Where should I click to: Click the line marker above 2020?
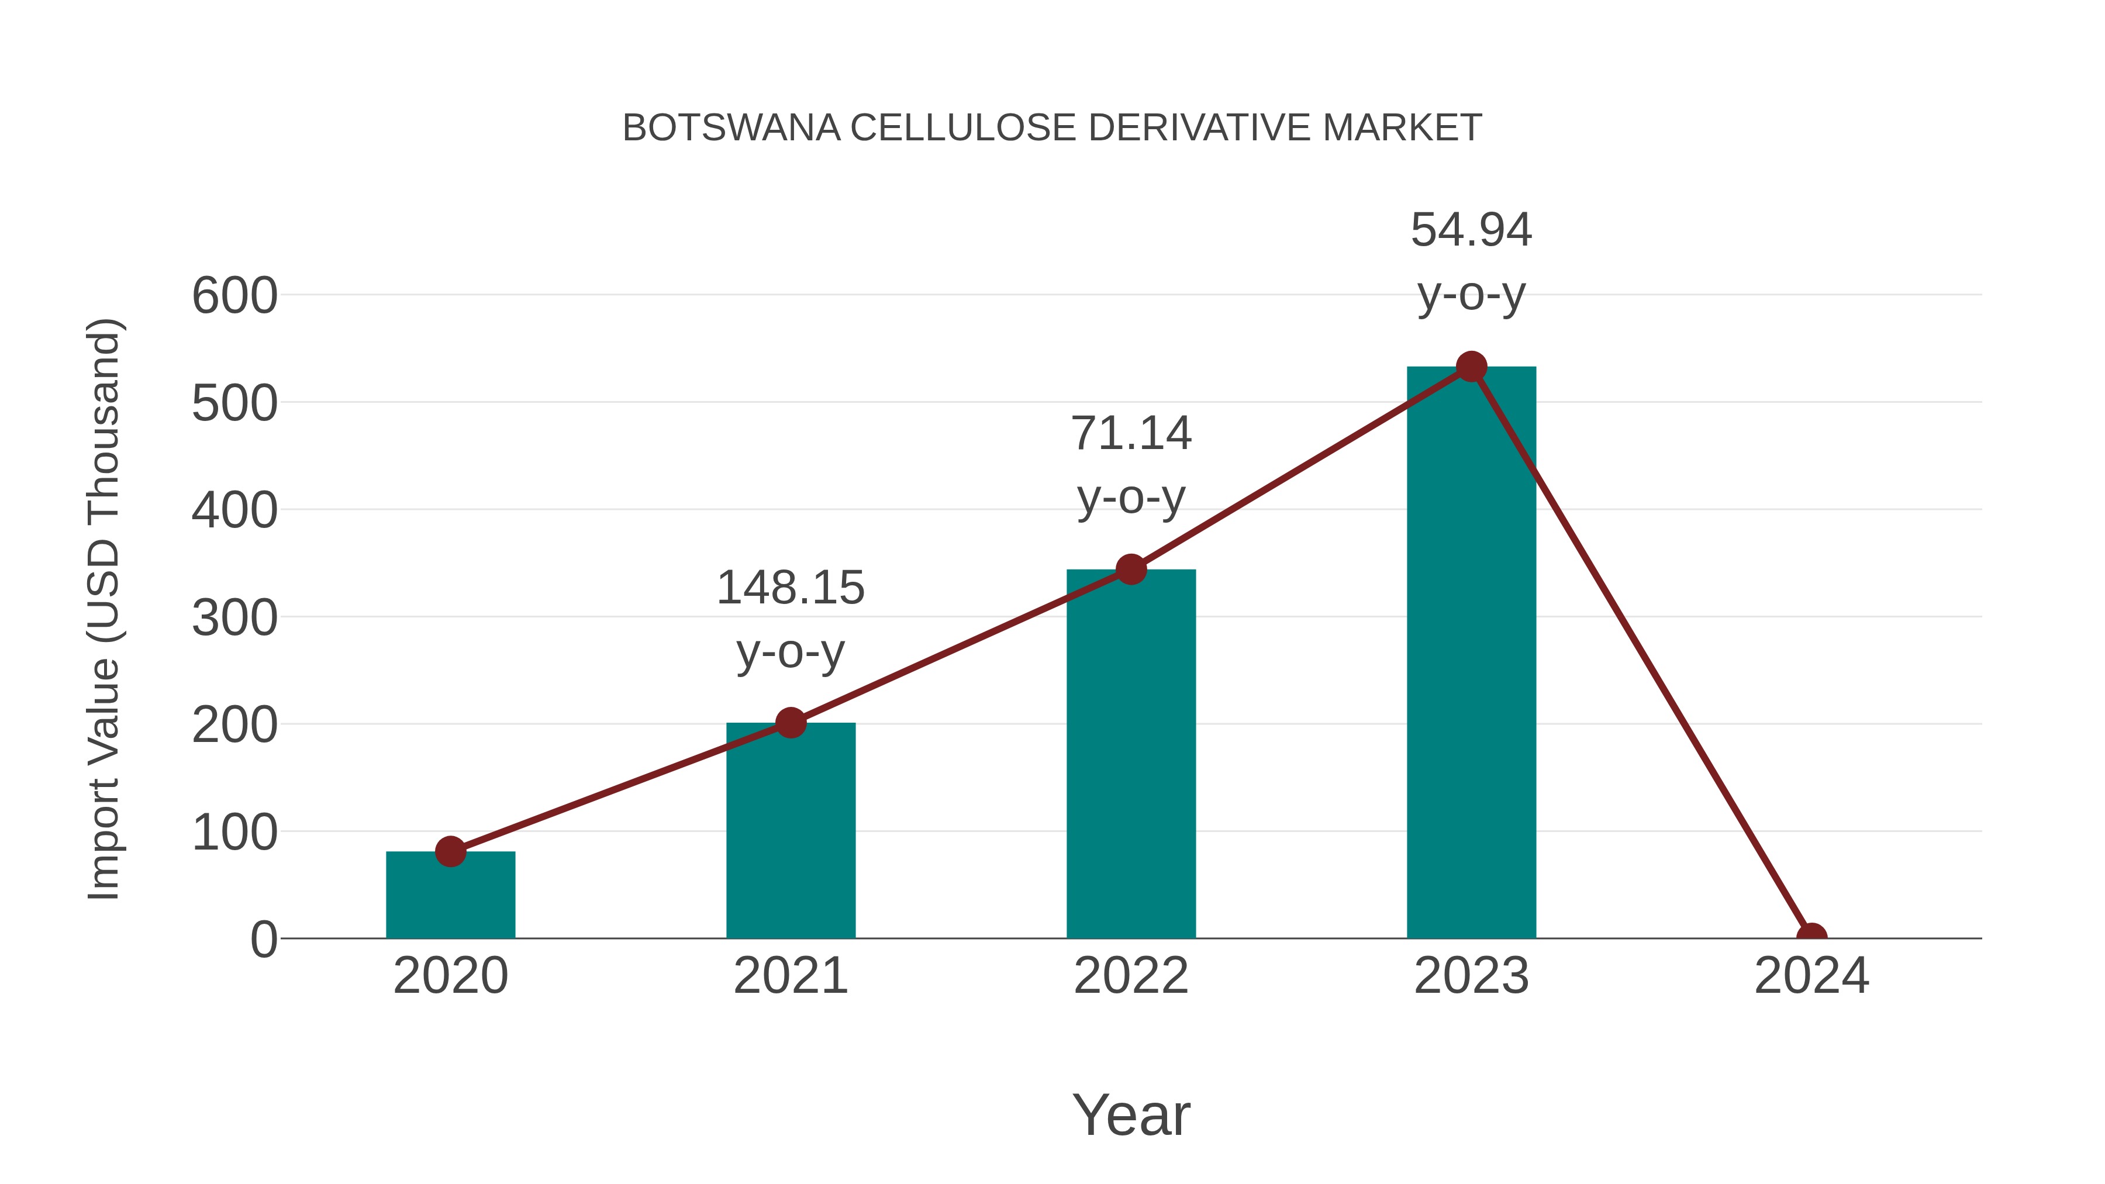point(450,851)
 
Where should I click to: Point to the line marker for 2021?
point(790,722)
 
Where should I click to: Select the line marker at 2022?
point(1131,569)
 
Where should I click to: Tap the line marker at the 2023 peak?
point(1471,367)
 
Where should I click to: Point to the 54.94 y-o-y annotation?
point(1471,261)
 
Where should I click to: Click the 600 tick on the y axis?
point(234,296)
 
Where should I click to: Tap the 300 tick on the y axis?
point(234,618)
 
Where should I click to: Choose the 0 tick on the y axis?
point(264,939)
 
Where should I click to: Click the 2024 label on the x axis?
point(1811,976)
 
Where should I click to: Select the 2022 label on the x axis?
point(1131,976)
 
